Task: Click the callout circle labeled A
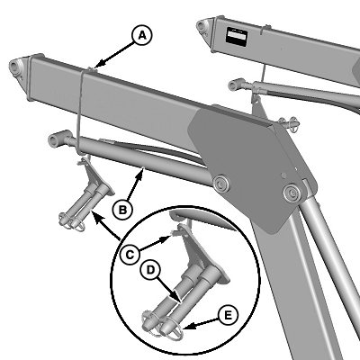point(142,35)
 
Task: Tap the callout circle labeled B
point(122,210)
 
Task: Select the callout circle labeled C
point(130,256)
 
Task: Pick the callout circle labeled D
point(150,270)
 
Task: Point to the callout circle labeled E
point(228,315)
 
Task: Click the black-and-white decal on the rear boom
point(237,37)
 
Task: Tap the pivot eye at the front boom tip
point(15,66)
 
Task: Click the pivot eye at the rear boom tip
point(202,26)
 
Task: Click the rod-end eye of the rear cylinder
point(233,85)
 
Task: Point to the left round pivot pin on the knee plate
point(221,184)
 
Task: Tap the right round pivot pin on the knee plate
point(292,192)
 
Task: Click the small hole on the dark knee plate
point(283,175)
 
